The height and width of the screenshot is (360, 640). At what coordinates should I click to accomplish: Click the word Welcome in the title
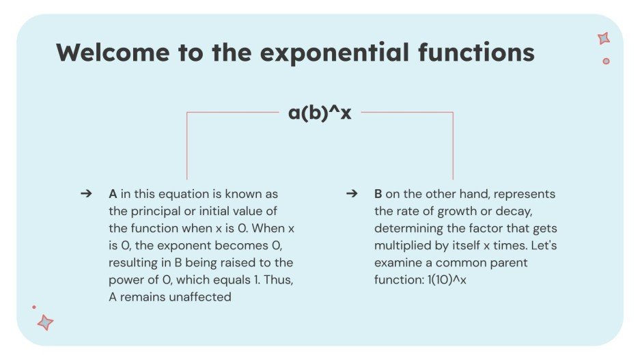point(106,53)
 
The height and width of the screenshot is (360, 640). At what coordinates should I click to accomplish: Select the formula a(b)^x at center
point(320,113)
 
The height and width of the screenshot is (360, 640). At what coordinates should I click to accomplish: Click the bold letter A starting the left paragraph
point(113,194)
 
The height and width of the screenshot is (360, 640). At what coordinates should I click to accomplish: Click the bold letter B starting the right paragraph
point(378,194)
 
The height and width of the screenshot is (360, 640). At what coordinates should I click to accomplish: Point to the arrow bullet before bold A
point(86,194)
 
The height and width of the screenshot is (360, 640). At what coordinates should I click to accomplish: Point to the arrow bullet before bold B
point(352,194)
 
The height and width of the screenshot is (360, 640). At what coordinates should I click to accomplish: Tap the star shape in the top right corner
point(604,39)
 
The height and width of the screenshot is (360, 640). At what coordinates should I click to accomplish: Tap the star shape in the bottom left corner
point(45,322)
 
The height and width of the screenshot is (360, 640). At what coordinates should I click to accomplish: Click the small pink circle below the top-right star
point(606,61)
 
